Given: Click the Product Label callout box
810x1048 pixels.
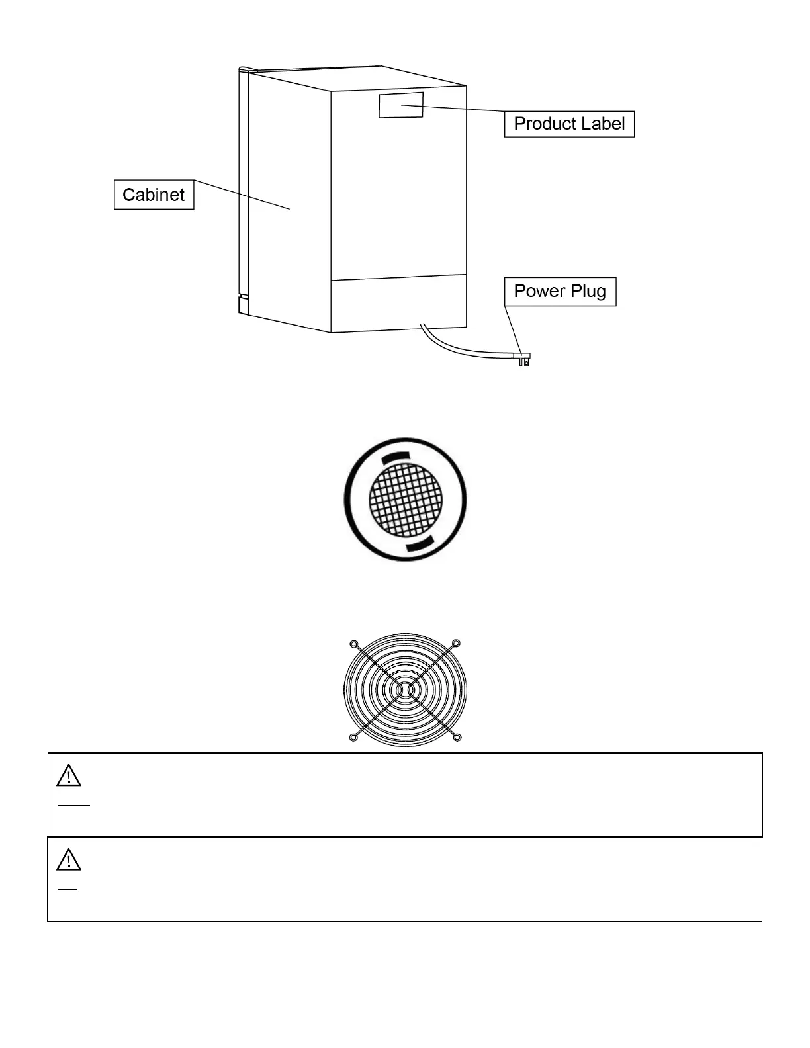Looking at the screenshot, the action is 569,124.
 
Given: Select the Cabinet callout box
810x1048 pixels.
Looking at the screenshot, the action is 154,195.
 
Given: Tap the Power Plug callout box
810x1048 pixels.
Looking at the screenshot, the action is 560,291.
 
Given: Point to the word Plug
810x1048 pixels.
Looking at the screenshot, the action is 588,292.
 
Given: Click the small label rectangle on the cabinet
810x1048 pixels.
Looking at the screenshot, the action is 400,105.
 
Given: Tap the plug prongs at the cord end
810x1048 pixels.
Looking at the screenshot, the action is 525,361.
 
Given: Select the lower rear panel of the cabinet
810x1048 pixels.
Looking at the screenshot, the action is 398,304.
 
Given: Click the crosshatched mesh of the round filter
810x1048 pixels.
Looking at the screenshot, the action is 405,500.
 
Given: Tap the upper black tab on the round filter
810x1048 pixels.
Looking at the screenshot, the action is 396,457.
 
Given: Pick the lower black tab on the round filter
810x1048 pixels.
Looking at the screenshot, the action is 420,544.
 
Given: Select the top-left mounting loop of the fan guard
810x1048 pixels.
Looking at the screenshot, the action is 354,644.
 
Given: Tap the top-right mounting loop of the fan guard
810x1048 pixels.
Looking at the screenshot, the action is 455,644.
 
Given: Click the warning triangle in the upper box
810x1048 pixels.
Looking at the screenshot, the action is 69,776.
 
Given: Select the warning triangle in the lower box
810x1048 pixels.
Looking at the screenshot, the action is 69,860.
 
